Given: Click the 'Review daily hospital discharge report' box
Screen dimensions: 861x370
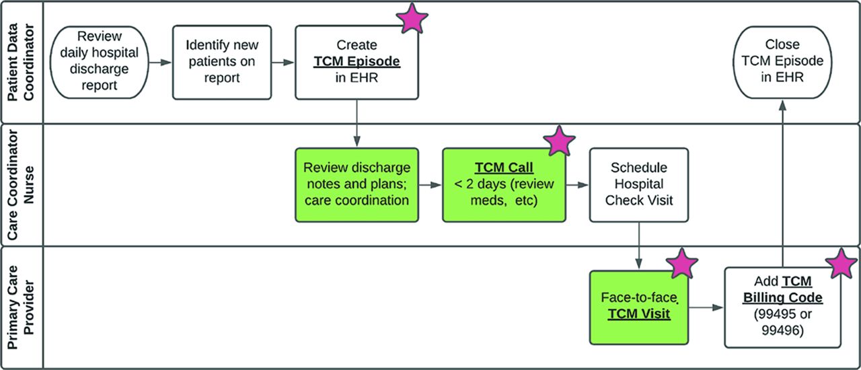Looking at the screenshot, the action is click(99, 63).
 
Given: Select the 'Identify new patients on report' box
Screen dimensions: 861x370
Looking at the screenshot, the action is click(222, 63).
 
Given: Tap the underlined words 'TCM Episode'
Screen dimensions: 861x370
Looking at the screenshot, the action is click(357, 61).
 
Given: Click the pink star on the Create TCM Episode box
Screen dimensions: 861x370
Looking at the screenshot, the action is click(412, 18).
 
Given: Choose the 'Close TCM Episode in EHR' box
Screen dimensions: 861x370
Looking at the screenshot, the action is click(782, 63).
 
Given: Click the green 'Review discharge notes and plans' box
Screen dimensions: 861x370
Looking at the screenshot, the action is click(357, 185).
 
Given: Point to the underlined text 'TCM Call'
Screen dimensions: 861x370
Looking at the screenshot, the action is click(504, 168).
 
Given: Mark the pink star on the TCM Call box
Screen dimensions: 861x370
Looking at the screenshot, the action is click(559, 141).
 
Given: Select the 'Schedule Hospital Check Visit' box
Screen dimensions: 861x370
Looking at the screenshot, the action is click(639, 185).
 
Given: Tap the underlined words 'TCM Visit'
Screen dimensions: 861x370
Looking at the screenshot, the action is click(639, 314).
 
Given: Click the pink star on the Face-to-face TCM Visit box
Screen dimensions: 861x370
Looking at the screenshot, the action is click(681, 264).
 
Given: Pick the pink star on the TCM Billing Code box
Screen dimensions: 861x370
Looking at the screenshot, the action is click(841, 264).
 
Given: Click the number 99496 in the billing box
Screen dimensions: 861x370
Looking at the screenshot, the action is click(782, 330).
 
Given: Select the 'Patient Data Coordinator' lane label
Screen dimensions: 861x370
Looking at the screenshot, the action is click(21, 63).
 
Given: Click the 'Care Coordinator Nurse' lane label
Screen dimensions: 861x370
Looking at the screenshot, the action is click(21, 185).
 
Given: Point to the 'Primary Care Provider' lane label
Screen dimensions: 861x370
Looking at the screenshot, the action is click(21, 307).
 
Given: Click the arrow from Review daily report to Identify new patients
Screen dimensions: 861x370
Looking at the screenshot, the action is click(160, 63).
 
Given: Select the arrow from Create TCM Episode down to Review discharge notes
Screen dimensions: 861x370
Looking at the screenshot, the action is click(357, 124).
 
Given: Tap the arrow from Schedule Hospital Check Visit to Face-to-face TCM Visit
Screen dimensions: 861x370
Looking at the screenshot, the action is click(639, 246).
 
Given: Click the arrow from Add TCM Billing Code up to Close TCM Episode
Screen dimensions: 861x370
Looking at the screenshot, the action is click(782, 183).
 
